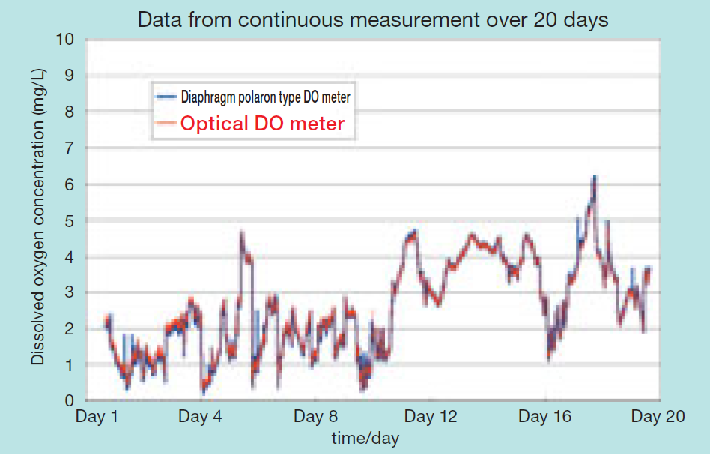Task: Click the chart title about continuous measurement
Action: pos(373,19)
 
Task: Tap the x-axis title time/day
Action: pos(365,436)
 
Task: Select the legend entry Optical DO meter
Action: pos(262,124)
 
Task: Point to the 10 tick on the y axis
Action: pos(66,39)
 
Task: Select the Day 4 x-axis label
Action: pos(201,417)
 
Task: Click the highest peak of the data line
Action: pos(595,176)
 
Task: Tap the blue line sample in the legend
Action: pos(166,97)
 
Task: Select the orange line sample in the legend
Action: pos(166,124)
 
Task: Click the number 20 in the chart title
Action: pos(544,19)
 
